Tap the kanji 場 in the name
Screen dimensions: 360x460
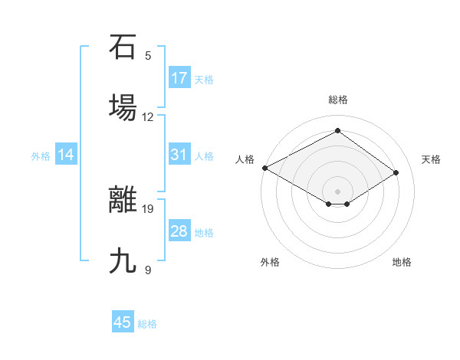pyautogui.click(x=123, y=107)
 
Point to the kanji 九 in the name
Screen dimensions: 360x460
pyautogui.click(x=123, y=260)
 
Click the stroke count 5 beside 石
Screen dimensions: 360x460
pyautogui.click(x=148, y=56)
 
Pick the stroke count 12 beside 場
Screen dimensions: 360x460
pyautogui.click(x=148, y=117)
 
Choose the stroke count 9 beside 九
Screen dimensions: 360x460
pyautogui.click(x=148, y=270)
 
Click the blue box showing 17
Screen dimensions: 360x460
pyautogui.click(x=179, y=78)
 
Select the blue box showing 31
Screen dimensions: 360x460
pyautogui.click(x=179, y=155)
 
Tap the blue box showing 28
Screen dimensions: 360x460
pyautogui.click(x=179, y=231)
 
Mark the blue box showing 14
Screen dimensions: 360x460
pyautogui.click(x=66, y=155)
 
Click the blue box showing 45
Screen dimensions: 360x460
pyautogui.click(x=123, y=322)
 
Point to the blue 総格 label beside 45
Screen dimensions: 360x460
pyautogui.click(x=147, y=324)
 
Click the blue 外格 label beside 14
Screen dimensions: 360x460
pyautogui.click(x=41, y=155)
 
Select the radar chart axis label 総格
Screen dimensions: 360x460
pyautogui.click(x=337, y=100)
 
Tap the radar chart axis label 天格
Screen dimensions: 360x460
pyautogui.click(x=431, y=159)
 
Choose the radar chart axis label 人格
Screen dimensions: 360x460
pyautogui.click(x=245, y=159)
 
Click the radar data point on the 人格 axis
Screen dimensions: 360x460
pyautogui.click(x=264, y=168)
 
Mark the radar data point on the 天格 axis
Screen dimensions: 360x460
pyautogui.click(x=396, y=173)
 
